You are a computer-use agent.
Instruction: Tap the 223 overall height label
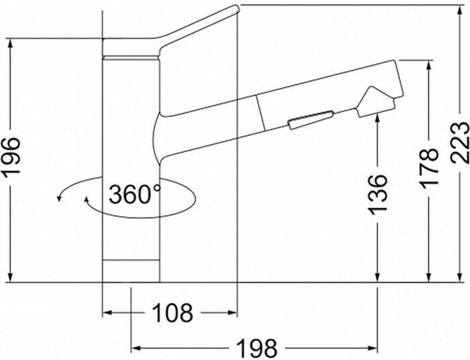tap(460, 143)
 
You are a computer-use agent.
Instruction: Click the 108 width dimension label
tap(172, 313)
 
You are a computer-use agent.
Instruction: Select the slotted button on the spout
tap(311, 120)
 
